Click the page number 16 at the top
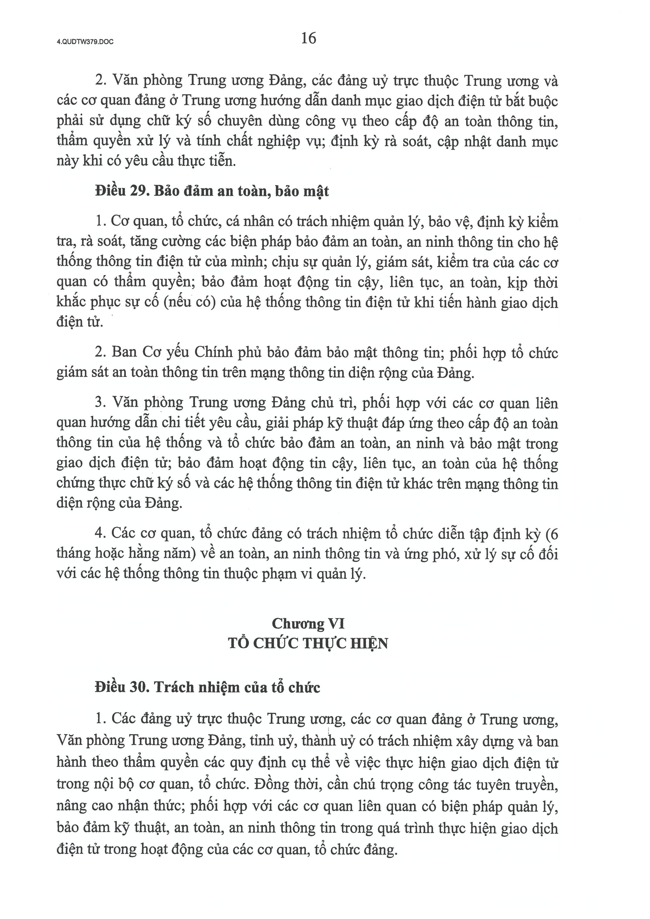point(309,38)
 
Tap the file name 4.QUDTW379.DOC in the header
point(85,41)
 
